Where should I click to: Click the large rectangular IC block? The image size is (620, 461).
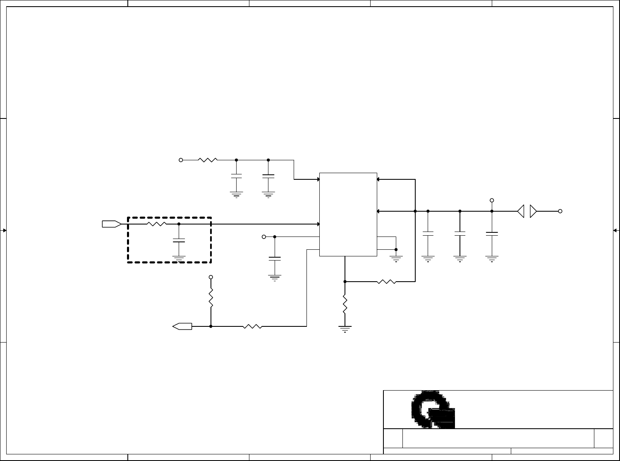click(x=348, y=214)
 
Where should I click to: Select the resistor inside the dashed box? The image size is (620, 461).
click(x=156, y=224)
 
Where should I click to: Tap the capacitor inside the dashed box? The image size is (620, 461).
click(x=179, y=241)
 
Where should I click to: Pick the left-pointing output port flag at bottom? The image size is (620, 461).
click(x=182, y=326)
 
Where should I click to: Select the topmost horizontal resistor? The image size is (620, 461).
click(x=208, y=160)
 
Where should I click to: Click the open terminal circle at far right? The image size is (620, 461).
click(x=560, y=211)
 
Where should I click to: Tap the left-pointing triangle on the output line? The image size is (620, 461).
click(x=521, y=211)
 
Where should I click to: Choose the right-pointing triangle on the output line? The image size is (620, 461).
click(x=533, y=211)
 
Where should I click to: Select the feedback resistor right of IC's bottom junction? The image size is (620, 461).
click(x=386, y=282)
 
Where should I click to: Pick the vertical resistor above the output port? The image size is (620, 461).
click(x=211, y=298)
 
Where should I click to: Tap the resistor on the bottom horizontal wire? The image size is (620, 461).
click(x=252, y=326)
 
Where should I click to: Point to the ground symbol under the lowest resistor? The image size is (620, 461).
click(x=345, y=330)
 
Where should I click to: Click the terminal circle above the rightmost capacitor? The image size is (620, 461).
click(x=492, y=200)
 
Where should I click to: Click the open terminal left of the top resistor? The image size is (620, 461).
click(x=181, y=160)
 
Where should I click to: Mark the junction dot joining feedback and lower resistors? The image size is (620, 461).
click(x=345, y=282)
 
